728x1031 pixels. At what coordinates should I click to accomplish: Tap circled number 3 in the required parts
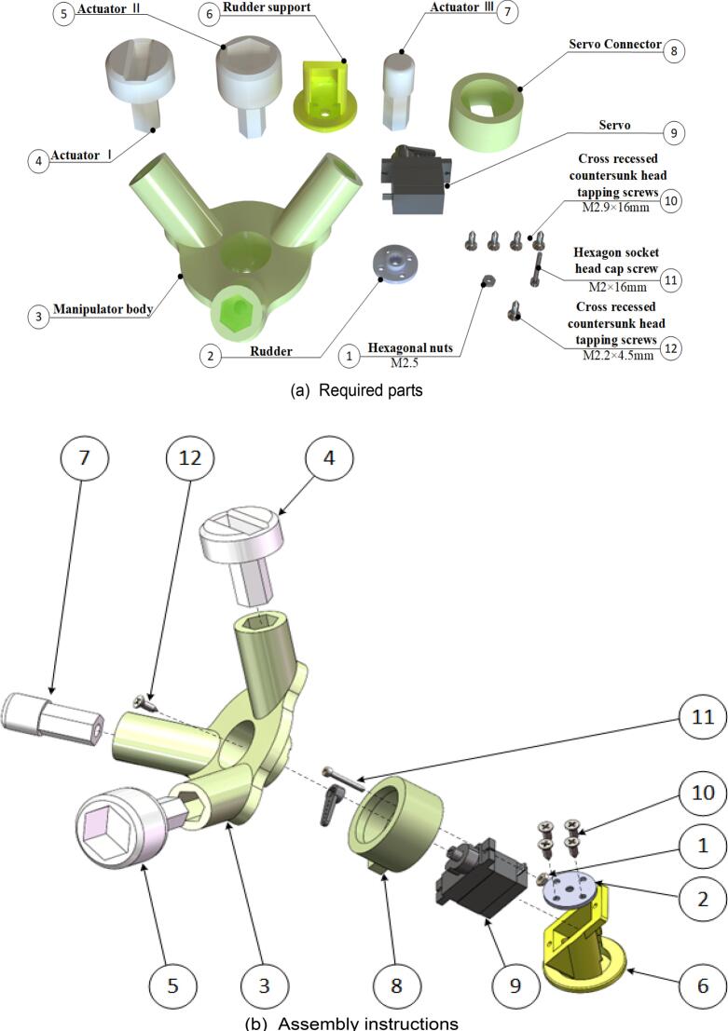(37, 317)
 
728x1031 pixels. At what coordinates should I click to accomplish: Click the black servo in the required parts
(416, 182)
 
